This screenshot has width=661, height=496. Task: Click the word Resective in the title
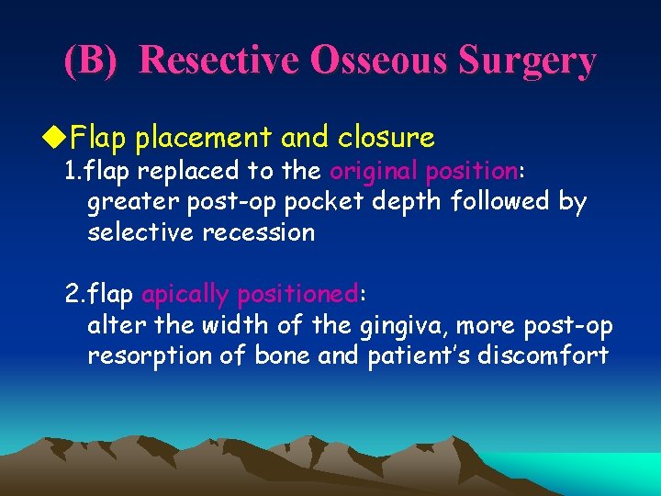[x=221, y=62]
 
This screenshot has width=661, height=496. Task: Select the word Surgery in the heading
[x=532, y=62]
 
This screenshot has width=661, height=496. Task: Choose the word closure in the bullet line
[x=387, y=138]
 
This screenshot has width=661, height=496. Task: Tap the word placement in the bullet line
[x=204, y=138]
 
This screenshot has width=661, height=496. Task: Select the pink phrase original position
[x=423, y=171]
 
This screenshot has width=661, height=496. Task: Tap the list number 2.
[x=73, y=294]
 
